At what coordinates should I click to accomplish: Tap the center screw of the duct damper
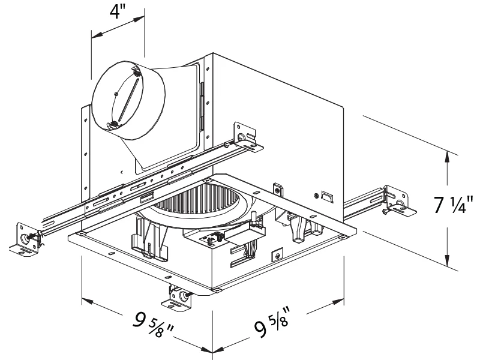(115, 93)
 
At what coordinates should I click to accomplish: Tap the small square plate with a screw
(277, 255)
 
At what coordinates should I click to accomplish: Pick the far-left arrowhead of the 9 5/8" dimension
(85, 299)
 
